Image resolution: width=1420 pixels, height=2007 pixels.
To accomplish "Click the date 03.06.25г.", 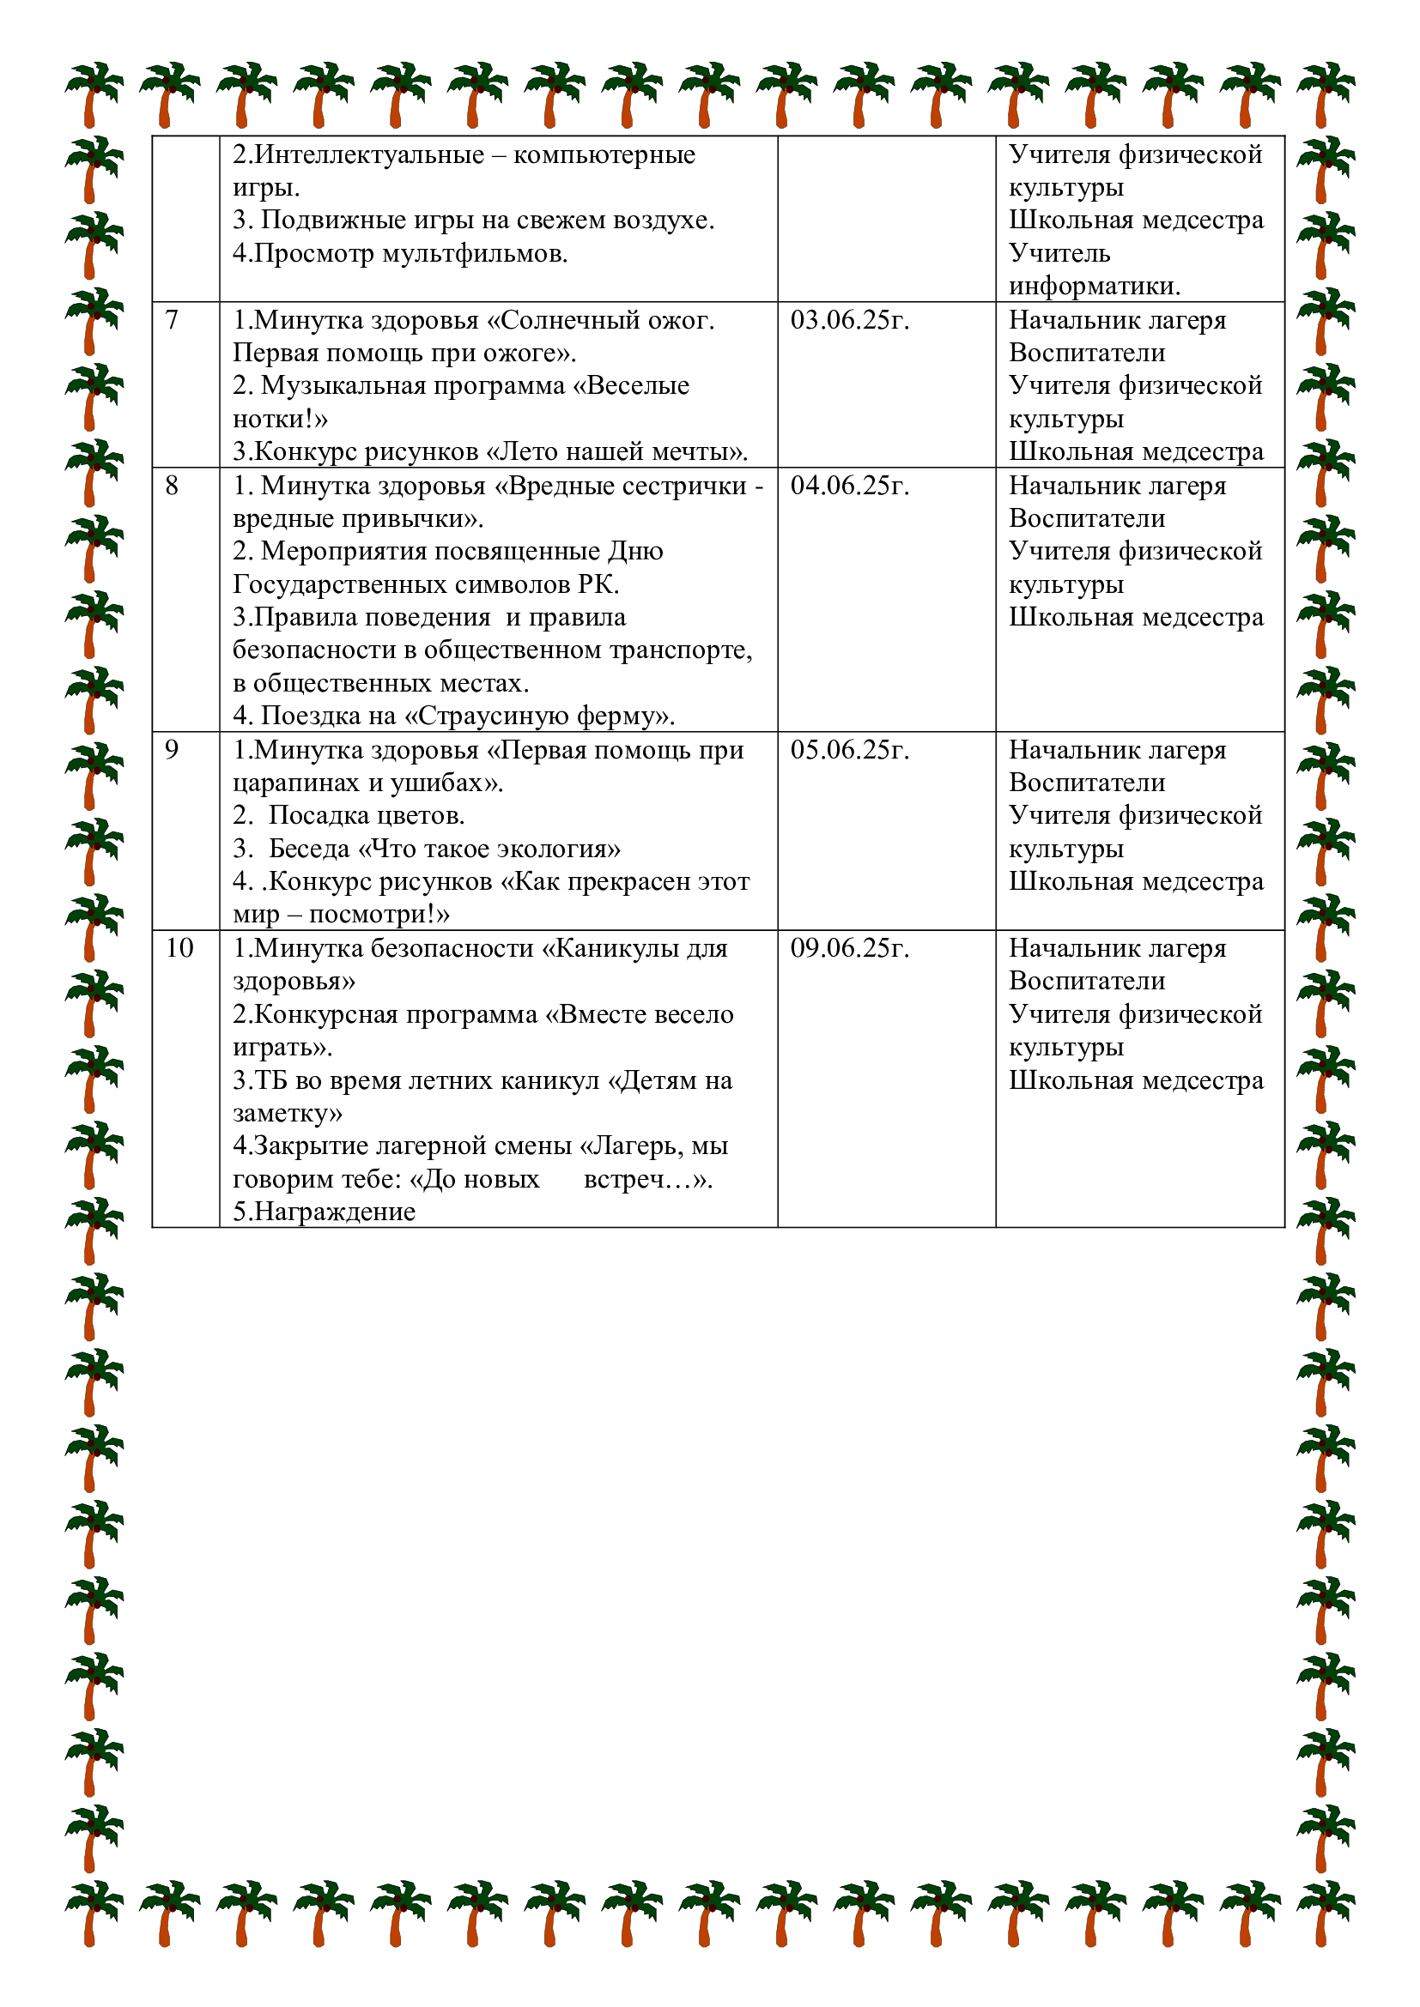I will (x=849, y=321).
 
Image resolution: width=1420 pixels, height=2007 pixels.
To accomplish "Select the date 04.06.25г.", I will (x=849, y=486).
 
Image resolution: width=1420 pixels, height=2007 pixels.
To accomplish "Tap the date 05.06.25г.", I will (x=849, y=750).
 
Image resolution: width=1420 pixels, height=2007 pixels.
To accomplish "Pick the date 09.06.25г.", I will (x=849, y=948).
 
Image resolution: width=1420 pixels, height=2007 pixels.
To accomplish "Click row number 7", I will (x=172, y=321).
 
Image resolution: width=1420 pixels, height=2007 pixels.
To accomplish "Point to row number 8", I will (x=172, y=486).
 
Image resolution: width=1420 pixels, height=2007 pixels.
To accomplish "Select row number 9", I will (x=172, y=750).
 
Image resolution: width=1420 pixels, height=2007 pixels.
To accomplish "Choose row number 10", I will (x=179, y=948).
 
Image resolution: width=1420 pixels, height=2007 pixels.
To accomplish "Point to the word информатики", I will (x=1094, y=286).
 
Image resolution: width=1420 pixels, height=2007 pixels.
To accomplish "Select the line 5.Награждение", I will (x=324, y=1212).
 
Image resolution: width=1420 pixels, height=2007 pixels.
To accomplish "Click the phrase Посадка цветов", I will (x=367, y=815).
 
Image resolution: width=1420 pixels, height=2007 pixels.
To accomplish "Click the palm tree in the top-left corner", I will (x=94, y=94).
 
